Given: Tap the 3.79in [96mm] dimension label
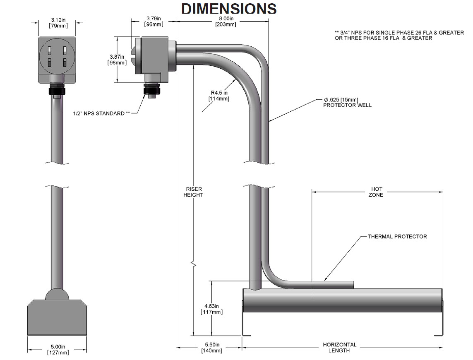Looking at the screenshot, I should pyautogui.click(x=154, y=21).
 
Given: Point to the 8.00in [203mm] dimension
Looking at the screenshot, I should pyautogui.click(x=226, y=21).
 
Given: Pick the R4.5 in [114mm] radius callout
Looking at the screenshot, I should pyautogui.click(x=218, y=96).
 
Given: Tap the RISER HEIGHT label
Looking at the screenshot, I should pyautogui.click(x=193, y=192).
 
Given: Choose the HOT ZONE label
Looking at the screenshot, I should pyautogui.click(x=376, y=192).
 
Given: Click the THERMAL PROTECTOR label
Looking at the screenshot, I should pyautogui.click(x=397, y=237).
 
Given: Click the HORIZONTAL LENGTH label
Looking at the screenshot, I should pyautogui.click(x=339, y=348).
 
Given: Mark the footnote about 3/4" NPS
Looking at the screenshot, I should pyautogui.click(x=399, y=35).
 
